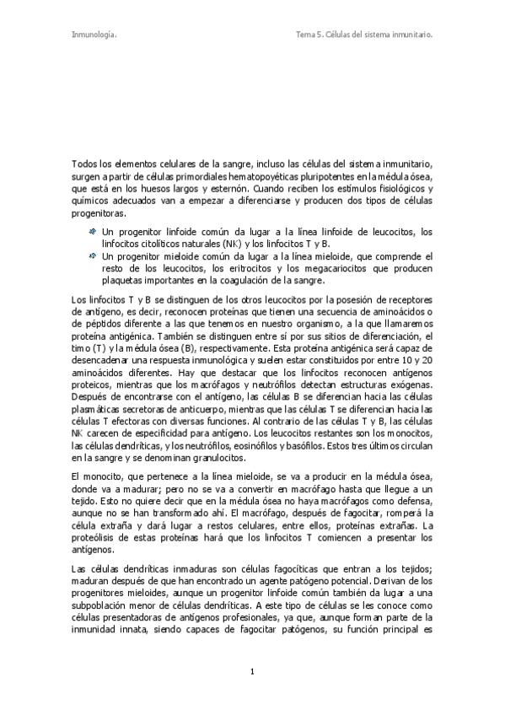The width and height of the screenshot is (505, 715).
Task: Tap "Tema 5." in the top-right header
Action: point(311,35)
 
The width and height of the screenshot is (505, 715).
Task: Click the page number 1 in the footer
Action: point(252,670)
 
